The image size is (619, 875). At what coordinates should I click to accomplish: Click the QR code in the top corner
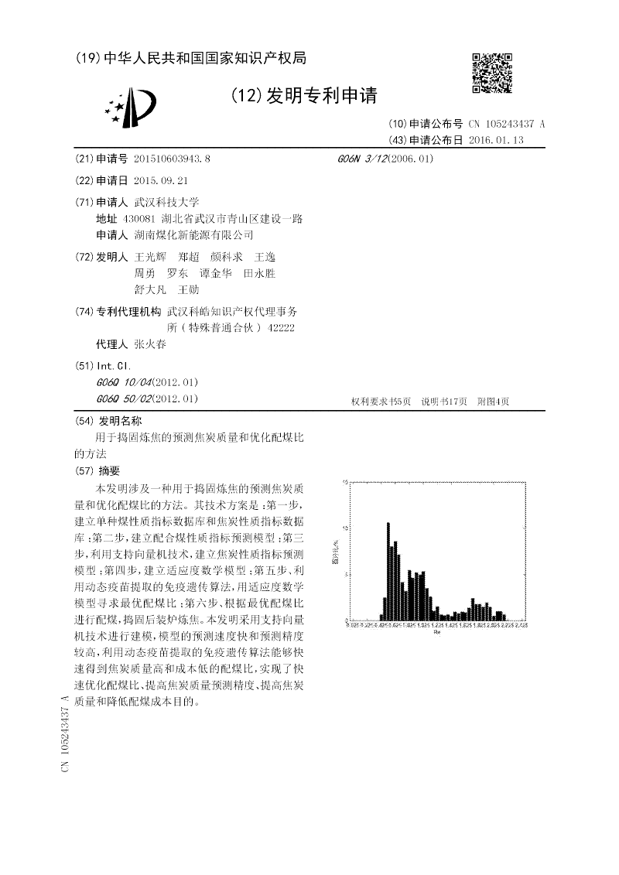coord(491,73)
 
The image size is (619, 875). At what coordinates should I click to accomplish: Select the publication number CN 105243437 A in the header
coord(507,124)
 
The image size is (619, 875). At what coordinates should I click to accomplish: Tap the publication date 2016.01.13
coord(496,140)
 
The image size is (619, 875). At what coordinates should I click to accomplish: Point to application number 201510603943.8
coord(172,159)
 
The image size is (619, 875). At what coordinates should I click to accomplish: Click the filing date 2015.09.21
coord(161,180)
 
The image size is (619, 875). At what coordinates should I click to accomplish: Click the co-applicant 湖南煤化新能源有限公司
coord(193,234)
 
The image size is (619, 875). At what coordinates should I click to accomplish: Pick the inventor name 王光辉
coord(150,256)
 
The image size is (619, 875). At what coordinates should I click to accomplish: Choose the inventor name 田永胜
coord(259,273)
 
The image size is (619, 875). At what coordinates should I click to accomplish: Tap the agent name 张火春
coord(150,344)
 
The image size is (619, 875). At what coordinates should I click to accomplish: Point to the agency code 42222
coord(281,328)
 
